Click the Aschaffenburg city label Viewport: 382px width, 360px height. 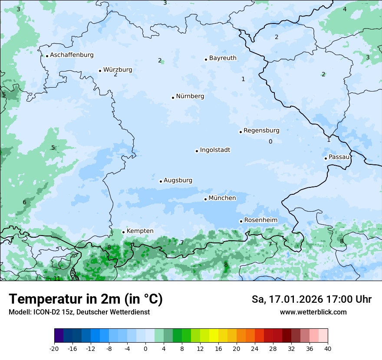[72, 55]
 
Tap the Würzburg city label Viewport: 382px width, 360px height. [118, 70]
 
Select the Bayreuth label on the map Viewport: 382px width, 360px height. [223, 58]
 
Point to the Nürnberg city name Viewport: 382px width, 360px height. [190, 96]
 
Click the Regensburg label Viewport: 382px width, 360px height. [261, 131]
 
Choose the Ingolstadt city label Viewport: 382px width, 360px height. [215, 150]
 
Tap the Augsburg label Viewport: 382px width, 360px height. [178, 180]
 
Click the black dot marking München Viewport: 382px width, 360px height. [205, 199]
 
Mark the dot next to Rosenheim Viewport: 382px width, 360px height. [241, 221]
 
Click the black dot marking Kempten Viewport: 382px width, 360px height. [123, 232]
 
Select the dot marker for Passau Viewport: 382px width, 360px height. [326, 158]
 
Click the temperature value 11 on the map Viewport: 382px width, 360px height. [57, 278]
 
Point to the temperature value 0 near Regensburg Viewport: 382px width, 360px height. [270, 141]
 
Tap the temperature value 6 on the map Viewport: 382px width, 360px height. [24, 202]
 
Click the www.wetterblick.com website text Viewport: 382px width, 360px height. [313, 312]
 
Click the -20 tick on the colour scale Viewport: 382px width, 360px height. [54, 349]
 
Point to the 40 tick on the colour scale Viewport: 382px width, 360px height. [328, 349]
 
